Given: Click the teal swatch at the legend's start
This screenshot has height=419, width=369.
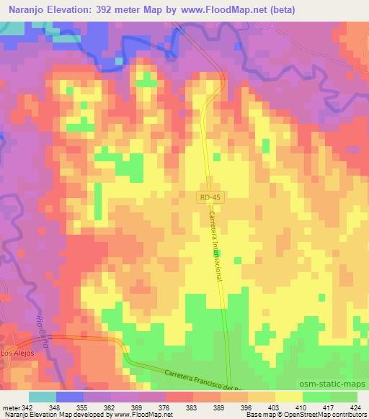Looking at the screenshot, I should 43,397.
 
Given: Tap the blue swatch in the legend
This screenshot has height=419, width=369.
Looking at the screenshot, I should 70,397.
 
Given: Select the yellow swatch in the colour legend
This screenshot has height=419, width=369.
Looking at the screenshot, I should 289,397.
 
